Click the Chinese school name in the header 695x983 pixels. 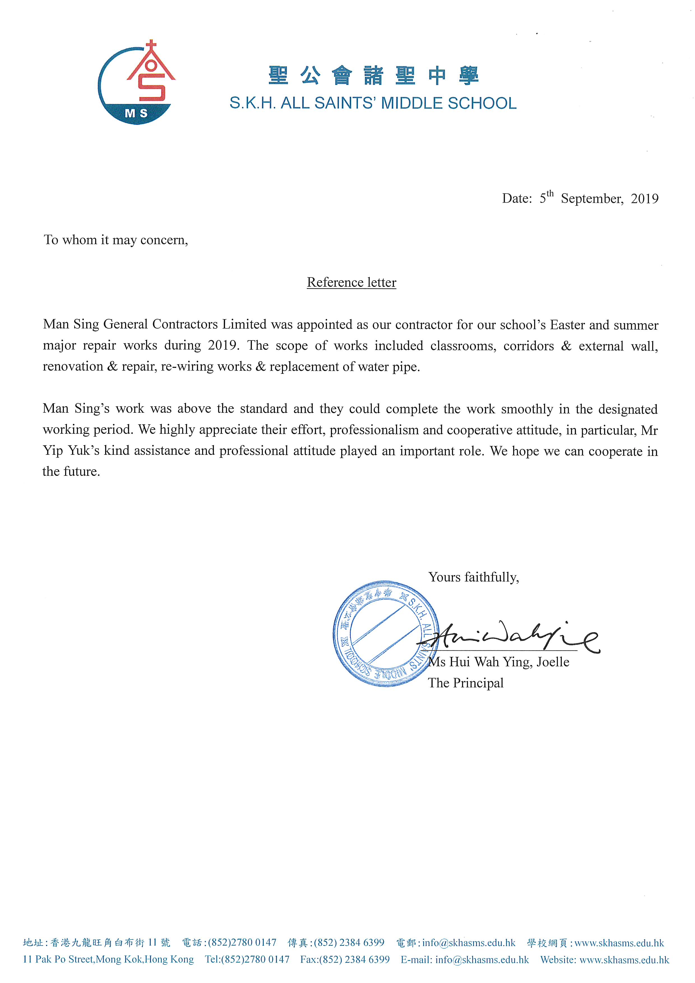coord(373,76)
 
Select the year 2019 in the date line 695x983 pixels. coord(645,199)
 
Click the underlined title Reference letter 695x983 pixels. coord(352,282)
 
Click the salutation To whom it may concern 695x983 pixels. coord(116,240)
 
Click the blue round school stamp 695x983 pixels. coord(385,634)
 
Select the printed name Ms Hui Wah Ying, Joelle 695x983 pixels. coord(499,662)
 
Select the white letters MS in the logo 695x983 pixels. coord(136,113)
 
